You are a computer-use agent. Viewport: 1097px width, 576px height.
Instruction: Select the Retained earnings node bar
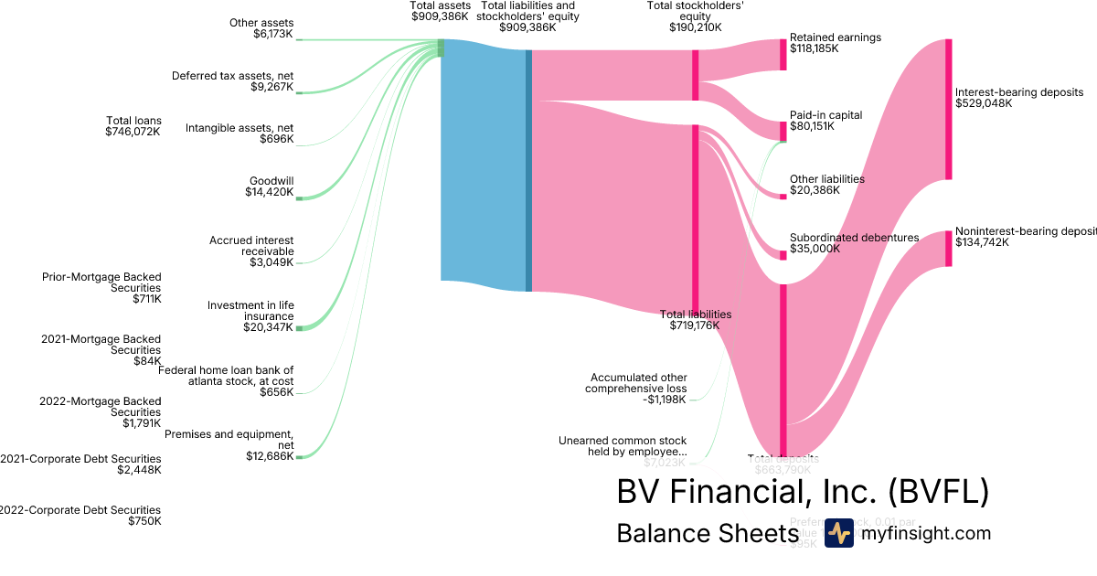783,54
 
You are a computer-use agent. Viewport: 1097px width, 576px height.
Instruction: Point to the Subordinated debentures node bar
783,255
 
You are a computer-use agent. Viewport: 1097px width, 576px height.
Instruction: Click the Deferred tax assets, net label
233,81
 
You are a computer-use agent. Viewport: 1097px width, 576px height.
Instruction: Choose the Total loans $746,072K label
133,126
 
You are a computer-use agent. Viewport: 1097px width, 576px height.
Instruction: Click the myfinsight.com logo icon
838,533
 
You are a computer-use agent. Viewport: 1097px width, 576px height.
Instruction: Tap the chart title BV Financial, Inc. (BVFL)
803,492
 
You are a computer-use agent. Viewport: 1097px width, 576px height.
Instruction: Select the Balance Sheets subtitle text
708,533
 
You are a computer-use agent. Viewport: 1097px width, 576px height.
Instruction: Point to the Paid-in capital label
825,121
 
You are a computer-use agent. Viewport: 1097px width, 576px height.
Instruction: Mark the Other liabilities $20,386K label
826,185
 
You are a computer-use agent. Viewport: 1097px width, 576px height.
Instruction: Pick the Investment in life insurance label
250,316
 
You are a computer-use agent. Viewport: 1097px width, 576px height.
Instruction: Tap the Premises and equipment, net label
229,444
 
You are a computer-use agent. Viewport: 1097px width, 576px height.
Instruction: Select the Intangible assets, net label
240,133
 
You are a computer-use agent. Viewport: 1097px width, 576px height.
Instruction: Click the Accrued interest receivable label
251,251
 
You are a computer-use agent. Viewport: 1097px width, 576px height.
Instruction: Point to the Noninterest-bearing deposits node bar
948,249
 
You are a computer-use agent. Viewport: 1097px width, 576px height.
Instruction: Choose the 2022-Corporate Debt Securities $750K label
80,516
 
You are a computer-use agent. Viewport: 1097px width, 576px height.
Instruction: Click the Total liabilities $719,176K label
695,319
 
